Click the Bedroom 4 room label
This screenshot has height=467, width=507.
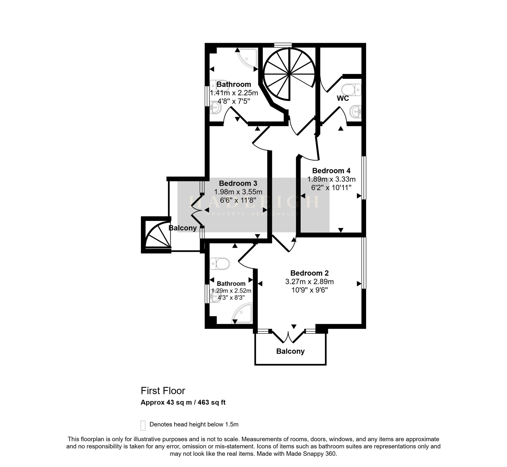[331, 171]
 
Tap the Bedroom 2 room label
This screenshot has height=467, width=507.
[310, 273]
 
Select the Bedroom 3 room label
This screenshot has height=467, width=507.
[238, 183]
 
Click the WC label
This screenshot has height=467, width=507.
[343, 98]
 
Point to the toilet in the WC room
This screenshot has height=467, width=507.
[351, 90]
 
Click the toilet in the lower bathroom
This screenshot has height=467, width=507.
[220, 264]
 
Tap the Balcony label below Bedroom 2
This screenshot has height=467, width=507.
[290, 351]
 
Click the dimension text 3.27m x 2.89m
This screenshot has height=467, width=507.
[310, 282]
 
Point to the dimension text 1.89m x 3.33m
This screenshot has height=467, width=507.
[331, 179]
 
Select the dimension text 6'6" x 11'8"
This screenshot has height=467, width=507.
[238, 200]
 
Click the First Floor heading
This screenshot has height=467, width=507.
[163, 391]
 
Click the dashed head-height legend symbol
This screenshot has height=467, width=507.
[143, 425]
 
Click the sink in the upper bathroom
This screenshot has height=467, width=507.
[215, 108]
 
